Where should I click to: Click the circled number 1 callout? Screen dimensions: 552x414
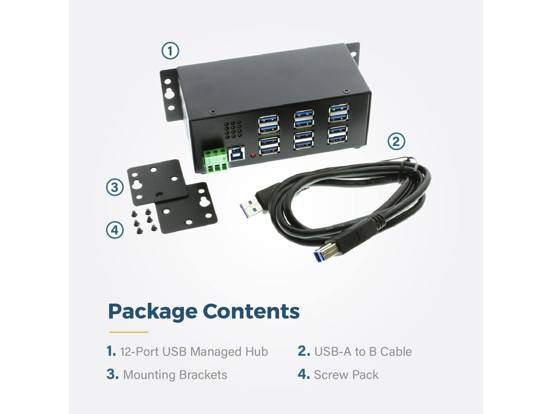pyautogui.click(x=170, y=51)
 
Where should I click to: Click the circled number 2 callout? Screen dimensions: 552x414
pyautogui.click(x=396, y=141)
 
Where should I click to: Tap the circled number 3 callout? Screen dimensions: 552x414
pyautogui.click(x=115, y=187)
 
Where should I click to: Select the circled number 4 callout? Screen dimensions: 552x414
pyautogui.click(x=115, y=230)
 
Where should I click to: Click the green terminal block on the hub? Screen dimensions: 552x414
pyautogui.click(x=215, y=158)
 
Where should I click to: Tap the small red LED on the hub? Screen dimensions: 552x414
pyautogui.click(x=253, y=154)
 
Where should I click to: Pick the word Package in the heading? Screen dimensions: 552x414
pyautogui.click(x=152, y=311)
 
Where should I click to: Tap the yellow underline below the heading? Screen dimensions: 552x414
pyautogui.click(x=129, y=332)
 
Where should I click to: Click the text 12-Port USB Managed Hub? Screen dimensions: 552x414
pyautogui.click(x=194, y=351)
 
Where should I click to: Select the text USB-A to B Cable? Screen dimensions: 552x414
pyautogui.click(x=363, y=351)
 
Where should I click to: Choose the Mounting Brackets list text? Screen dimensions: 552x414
pyautogui.click(x=175, y=374)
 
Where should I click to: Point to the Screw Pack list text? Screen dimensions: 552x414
pyautogui.click(x=346, y=374)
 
